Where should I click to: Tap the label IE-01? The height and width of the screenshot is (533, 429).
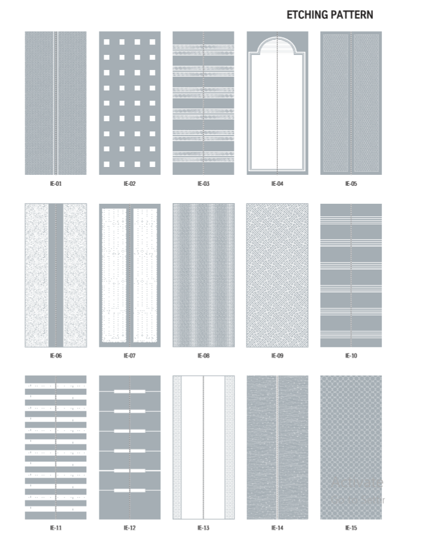[55, 183]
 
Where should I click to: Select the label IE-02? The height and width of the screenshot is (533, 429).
[130, 183]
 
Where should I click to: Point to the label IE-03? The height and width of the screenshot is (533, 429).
[204, 183]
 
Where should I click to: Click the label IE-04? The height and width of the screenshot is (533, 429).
[277, 183]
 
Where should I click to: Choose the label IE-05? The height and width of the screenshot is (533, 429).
[351, 183]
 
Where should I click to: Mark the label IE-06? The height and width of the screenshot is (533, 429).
[55, 356]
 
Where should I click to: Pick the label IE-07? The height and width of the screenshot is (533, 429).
[130, 356]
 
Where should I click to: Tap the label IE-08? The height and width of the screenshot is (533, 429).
[204, 356]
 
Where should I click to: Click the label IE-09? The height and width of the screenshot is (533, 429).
[277, 356]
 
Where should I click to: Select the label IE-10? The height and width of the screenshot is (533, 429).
[351, 356]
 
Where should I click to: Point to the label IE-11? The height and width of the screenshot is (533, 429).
[55, 528]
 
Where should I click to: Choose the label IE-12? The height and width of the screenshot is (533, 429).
[130, 528]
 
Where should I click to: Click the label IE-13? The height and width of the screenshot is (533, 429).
[204, 528]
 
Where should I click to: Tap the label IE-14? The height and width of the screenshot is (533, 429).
[277, 528]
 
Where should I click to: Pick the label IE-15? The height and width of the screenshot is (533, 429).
[351, 528]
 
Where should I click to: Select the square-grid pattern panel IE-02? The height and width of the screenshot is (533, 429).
[130, 103]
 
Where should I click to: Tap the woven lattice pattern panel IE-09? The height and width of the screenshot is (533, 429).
[277, 276]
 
